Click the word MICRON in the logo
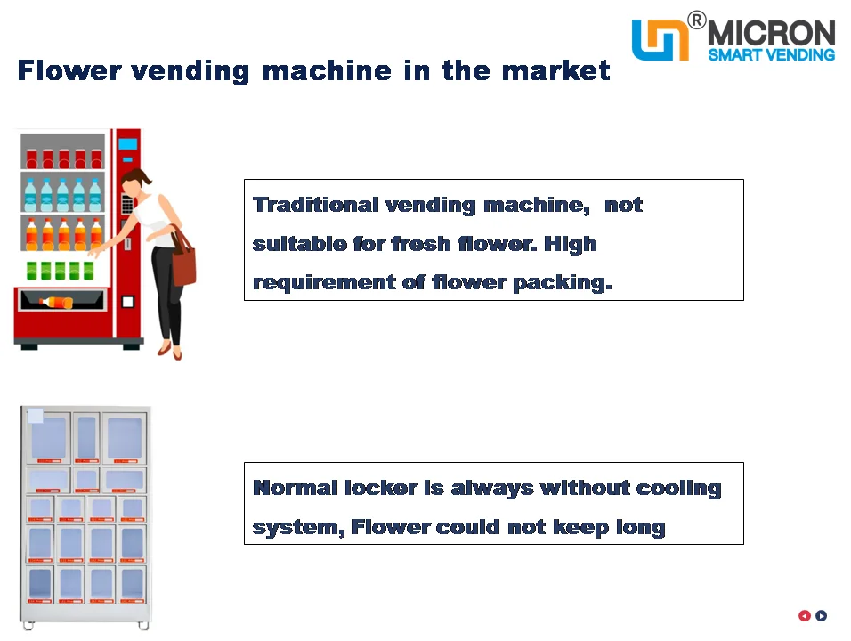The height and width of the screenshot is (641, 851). tap(772, 33)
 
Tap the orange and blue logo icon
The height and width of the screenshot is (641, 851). tap(660, 40)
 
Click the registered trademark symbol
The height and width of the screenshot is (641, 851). tap(697, 20)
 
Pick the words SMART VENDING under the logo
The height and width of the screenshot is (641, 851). tap(771, 55)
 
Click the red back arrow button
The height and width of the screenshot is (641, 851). tap(805, 615)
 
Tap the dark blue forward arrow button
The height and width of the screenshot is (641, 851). tap(822, 615)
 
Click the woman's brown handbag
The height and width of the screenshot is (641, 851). tap(183, 260)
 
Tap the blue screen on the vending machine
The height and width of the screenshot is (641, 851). tap(127, 143)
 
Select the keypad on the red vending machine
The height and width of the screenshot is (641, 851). tap(127, 206)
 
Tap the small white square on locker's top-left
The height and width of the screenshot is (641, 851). tap(36, 416)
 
